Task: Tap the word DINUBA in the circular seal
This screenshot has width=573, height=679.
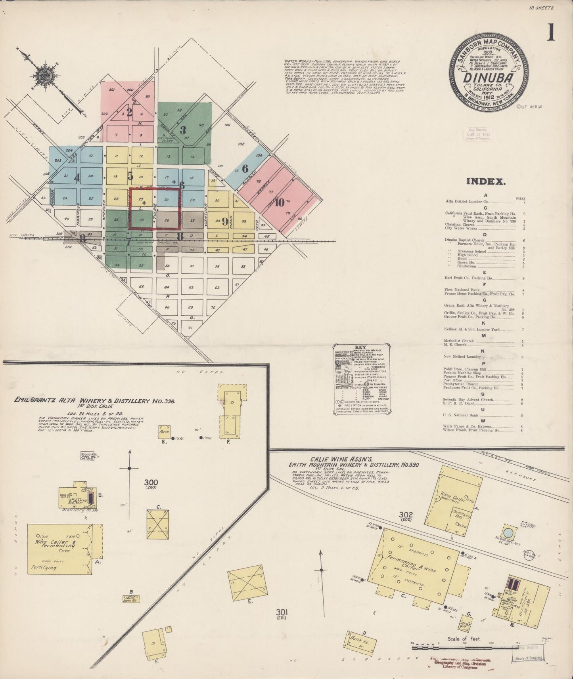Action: click(490, 77)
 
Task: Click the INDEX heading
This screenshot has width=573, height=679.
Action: click(486, 181)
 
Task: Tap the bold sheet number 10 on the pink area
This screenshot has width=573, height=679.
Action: click(280, 202)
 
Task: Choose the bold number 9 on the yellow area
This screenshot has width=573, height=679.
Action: click(224, 221)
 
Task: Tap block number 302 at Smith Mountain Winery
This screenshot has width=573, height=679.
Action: click(406, 515)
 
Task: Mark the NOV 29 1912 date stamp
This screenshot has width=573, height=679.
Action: click(480, 134)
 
